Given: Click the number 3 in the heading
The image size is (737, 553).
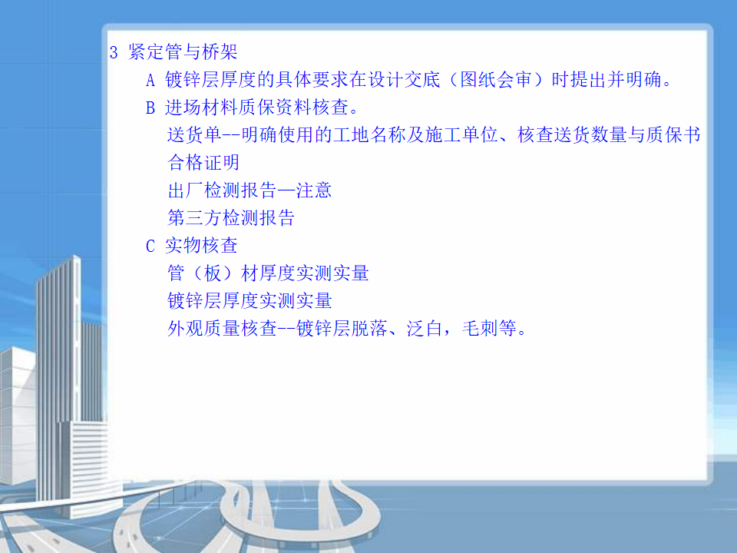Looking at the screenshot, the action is point(114,52).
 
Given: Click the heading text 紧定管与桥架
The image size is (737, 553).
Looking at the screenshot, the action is point(183,51).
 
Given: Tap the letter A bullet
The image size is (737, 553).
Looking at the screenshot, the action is point(150,81).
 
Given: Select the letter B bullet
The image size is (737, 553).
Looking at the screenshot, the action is point(150,108).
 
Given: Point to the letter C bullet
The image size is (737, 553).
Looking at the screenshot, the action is point(150,246).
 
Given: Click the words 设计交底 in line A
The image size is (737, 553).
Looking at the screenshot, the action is point(405,79).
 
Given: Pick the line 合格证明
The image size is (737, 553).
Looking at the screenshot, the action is point(203,163).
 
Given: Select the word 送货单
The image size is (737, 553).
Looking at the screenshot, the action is point(194,135).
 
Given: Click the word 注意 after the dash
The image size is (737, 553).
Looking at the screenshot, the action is point(313,190).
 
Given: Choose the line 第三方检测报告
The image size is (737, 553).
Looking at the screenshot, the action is point(231,217).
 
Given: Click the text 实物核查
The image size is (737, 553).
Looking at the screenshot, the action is point(202,246).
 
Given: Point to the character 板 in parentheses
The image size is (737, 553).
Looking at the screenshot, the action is point(213,273).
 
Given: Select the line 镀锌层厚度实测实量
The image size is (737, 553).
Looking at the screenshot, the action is point(250,301).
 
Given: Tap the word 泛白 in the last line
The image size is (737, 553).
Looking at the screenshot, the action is point(425,328).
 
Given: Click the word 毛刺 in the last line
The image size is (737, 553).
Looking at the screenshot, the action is point(480,328).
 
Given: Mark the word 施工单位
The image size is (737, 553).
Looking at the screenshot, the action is point(461,135).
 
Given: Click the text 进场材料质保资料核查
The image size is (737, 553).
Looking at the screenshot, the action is point(256,108).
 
